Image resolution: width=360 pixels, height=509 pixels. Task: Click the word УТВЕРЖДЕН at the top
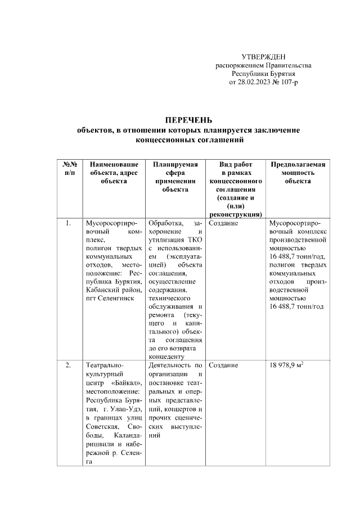click(263, 57)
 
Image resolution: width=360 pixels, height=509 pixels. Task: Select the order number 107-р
click(287, 82)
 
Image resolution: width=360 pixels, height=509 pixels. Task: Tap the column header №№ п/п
click(68, 168)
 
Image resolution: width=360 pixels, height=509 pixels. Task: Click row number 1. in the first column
click(68, 223)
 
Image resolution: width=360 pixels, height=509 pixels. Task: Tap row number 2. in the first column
click(68, 366)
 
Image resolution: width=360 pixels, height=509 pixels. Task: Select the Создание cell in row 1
click(223, 223)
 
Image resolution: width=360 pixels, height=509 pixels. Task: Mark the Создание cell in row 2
click(223, 366)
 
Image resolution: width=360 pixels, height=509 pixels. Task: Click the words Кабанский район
click(112, 289)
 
